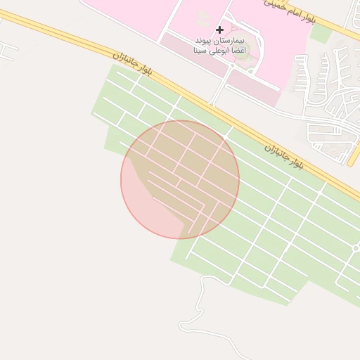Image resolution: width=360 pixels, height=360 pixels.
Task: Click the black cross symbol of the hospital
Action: (x=220, y=30)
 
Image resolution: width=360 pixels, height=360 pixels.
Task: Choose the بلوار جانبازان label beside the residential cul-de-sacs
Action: (x=284, y=156)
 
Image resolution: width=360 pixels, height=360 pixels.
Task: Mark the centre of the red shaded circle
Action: (x=180, y=179)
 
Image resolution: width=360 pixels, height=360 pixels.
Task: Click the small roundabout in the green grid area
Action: (x=356, y=248)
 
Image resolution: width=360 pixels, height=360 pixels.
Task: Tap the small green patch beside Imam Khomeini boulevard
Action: (x=321, y=32)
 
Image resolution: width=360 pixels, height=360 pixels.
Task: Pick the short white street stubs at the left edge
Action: (x=8, y=49)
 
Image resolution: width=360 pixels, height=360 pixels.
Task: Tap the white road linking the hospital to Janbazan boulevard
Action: (x=219, y=88)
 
